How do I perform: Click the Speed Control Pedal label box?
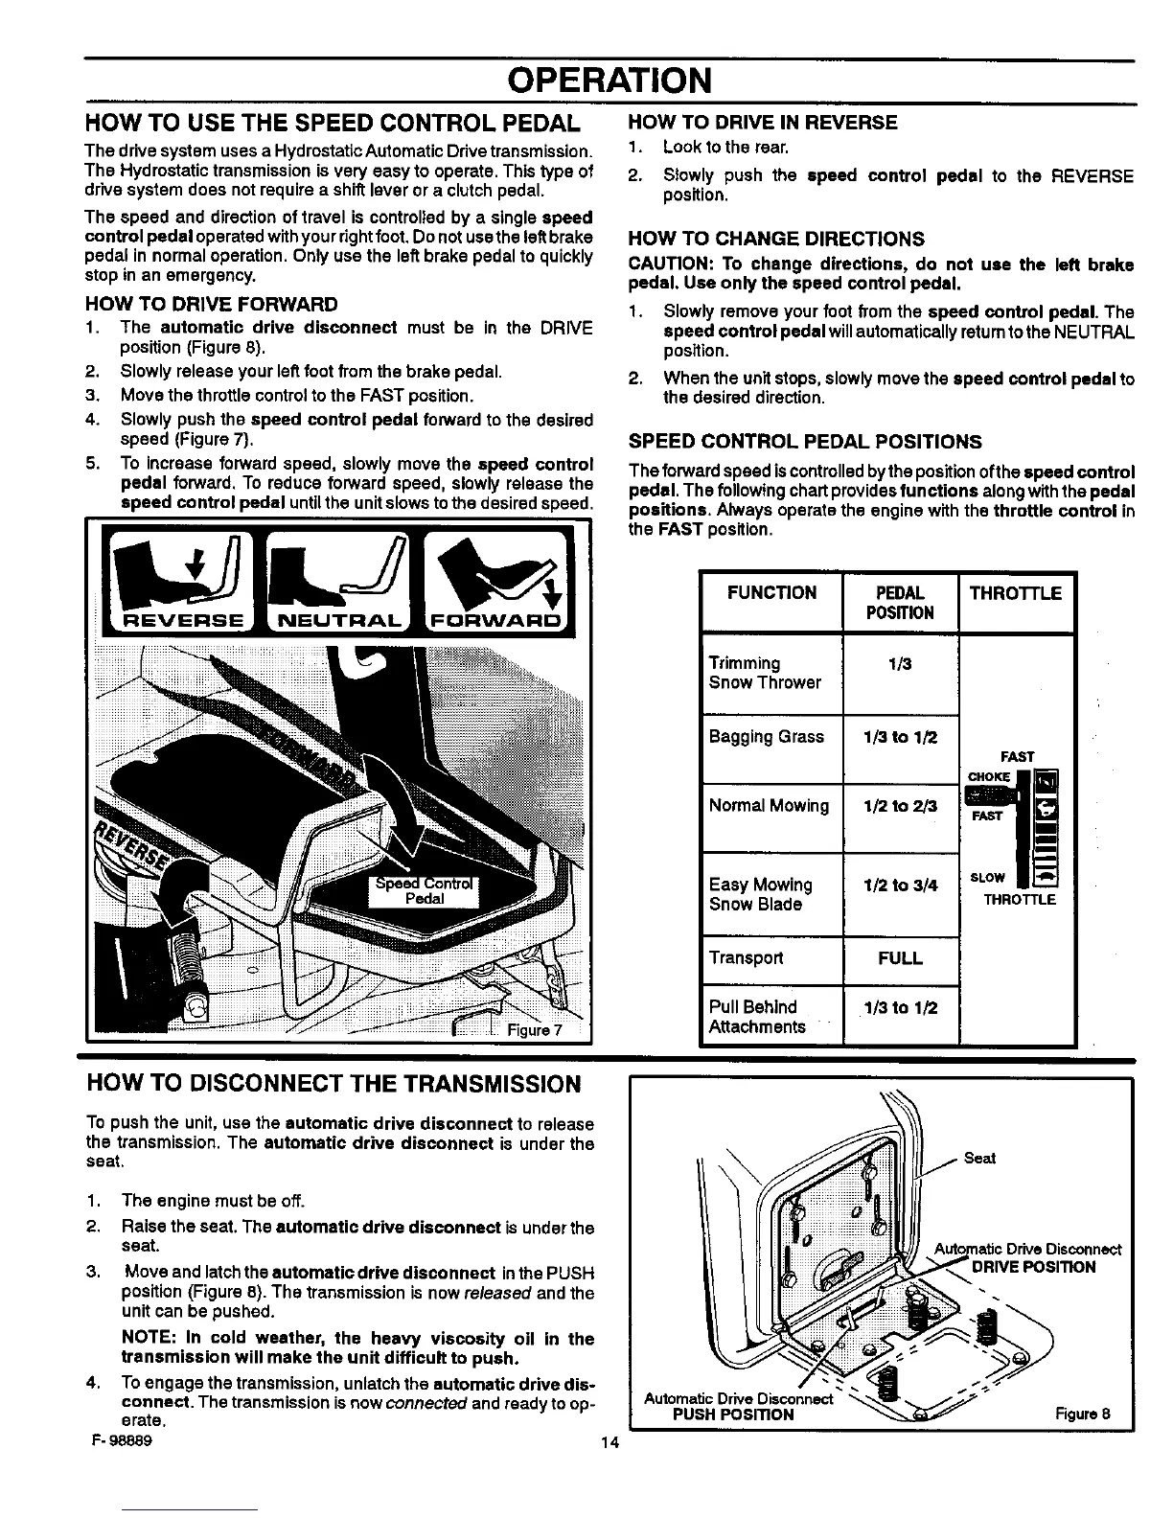tap(425, 890)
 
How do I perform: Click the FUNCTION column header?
tap(771, 593)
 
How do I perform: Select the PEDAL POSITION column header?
tap(900, 603)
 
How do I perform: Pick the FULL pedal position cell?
tap(900, 958)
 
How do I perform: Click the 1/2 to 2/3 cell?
tap(900, 806)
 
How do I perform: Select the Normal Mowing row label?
tap(769, 806)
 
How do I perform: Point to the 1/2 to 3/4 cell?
tap(900, 885)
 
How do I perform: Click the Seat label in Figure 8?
tap(979, 1158)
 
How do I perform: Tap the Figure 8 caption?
tap(1082, 1414)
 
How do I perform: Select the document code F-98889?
tap(119, 1440)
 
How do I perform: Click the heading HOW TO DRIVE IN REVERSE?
tap(762, 123)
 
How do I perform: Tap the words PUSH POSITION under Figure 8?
tap(734, 1414)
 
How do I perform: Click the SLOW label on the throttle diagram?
tap(987, 878)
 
